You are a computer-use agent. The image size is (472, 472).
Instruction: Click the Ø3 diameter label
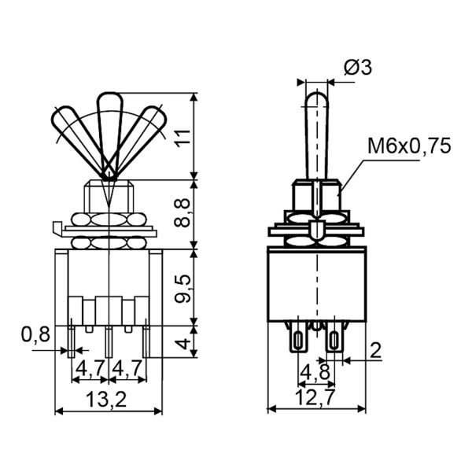(x=358, y=67)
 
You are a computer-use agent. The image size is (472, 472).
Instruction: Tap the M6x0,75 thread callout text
(x=409, y=146)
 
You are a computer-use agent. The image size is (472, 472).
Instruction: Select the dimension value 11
(x=183, y=138)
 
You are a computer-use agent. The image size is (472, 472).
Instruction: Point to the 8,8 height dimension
(x=183, y=212)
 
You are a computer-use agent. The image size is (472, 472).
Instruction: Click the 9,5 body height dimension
(x=183, y=289)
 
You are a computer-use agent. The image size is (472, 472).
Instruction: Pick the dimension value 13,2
(x=106, y=400)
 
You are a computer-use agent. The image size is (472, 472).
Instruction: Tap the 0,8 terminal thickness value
(x=35, y=334)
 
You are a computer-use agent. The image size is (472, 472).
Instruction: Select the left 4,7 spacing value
(x=90, y=368)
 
